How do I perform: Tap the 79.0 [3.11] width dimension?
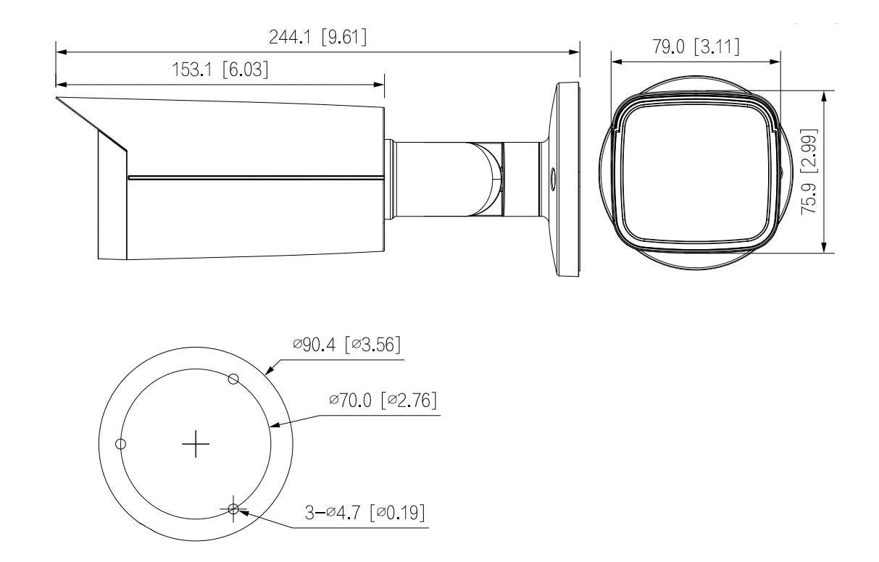(x=694, y=47)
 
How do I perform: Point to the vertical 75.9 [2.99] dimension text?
(x=814, y=171)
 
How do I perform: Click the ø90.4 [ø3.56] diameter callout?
(x=349, y=345)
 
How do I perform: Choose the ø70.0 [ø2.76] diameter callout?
(x=383, y=400)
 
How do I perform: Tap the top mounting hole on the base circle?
(x=233, y=378)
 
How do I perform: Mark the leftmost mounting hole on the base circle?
(x=121, y=443)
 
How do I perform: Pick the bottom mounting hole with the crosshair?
(x=233, y=509)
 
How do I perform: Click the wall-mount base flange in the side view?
(x=567, y=180)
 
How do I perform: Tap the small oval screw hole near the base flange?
(x=553, y=176)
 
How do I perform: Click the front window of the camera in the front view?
(x=693, y=174)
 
